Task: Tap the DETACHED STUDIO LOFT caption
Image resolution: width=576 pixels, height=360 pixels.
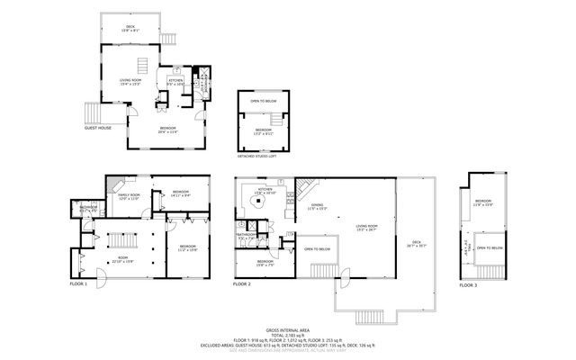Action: [262, 155]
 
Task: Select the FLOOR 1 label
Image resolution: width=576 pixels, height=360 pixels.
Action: [79, 284]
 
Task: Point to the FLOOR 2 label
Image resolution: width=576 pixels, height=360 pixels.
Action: [241, 284]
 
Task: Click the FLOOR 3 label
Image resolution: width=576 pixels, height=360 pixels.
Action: [467, 284]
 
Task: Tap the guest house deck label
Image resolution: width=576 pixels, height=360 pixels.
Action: [130, 29]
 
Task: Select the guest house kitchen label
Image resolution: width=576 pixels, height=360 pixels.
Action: [176, 83]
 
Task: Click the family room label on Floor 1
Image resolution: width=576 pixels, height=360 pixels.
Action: [129, 196]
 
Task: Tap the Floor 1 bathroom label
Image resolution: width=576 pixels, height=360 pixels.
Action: [88, 210]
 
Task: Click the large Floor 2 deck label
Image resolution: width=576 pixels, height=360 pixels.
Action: [416, 243]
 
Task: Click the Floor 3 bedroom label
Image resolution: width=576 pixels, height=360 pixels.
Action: [483, 202]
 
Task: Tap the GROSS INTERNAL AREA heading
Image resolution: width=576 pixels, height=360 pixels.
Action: [288, 330]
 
